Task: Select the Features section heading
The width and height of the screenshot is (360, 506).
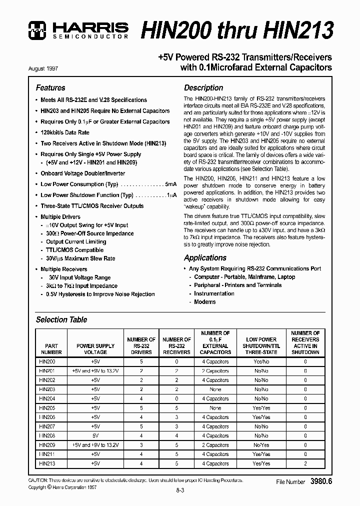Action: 50,87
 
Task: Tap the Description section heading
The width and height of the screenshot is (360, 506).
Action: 203,87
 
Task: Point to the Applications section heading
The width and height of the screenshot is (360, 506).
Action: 205,257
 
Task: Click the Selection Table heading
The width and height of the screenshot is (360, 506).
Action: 61,319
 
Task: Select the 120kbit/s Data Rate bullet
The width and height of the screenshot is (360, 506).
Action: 65,132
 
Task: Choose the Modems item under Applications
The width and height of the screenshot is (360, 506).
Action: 204,302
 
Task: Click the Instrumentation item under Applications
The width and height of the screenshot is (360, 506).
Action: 214,293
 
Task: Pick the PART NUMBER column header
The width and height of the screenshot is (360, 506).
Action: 51,348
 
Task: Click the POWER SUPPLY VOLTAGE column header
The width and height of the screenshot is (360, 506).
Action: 95,348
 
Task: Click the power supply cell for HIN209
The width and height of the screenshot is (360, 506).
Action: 95,445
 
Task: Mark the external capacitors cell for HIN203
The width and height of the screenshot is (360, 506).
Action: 215,389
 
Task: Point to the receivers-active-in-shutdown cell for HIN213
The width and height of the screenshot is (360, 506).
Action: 305,463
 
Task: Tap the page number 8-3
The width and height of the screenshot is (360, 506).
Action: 180,491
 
